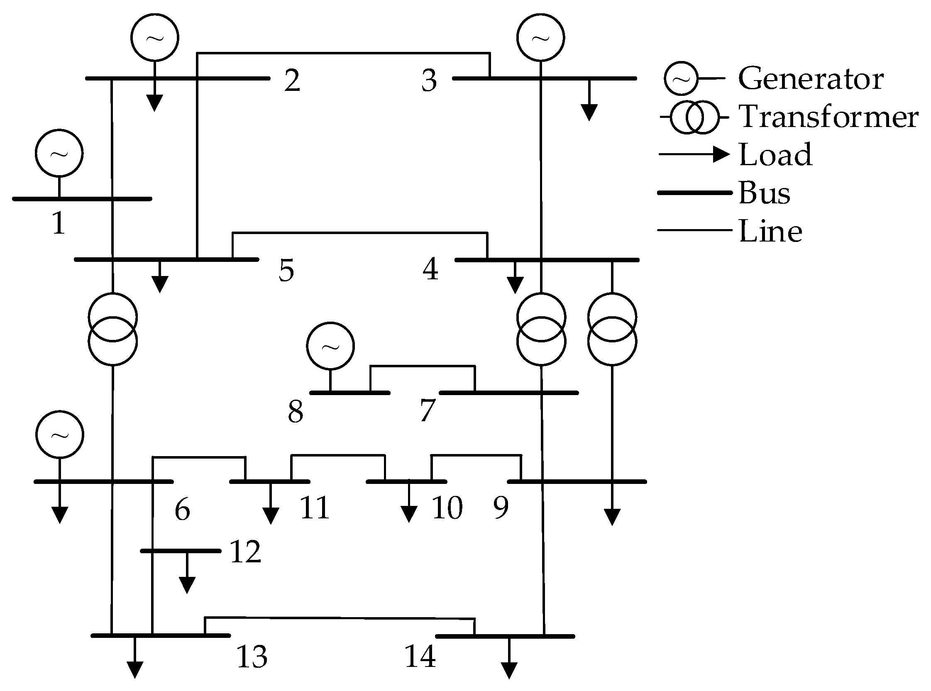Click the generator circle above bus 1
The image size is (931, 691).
[x=59, y=153]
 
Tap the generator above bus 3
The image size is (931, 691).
[x=540, y=37]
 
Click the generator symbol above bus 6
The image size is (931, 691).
[x=59, y=435]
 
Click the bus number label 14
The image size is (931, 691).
[x=420, y=656]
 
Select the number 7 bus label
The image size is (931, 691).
[x=428, y=410]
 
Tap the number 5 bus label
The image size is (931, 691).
[x=286, y=270]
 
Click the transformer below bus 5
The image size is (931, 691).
[x=112, y=329]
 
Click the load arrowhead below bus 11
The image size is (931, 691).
[x=271, y=515]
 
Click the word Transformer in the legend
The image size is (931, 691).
[x=828, y=117]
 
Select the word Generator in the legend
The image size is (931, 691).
[x=811, y=78]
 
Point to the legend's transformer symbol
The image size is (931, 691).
[x=695, y=117]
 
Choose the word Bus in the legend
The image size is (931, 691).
[x=764, y=193]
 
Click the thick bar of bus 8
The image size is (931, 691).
[x=349, y=393]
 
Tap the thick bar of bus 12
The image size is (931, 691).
[x=181, y=551]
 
